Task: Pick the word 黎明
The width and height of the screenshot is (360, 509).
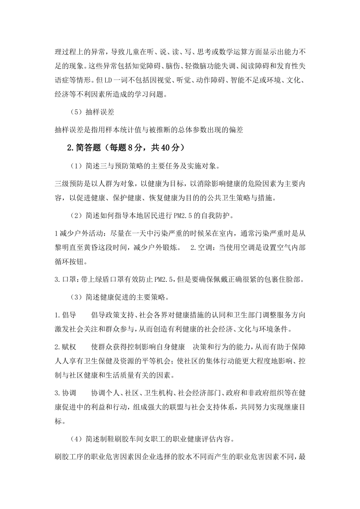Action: (x=63, y=248)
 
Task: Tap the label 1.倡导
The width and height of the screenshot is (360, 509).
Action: (x=65, y=315)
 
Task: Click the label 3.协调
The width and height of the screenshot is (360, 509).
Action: (x=65, y=393)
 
